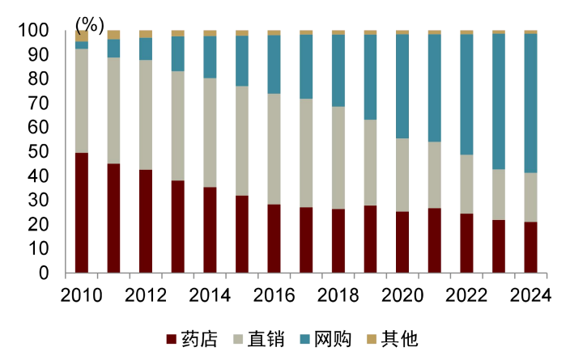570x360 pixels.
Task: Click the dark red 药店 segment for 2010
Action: pos(82,213)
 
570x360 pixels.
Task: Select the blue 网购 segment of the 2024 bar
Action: pos(530,103)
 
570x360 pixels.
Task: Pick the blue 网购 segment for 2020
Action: pos(402,86)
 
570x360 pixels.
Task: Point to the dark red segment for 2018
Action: pos(338,241)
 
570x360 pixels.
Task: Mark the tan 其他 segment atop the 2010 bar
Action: pos(82,36)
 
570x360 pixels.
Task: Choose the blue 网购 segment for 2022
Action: pos(466,94)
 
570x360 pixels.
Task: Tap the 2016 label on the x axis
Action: pos(274,295)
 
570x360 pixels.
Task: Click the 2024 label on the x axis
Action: pos(530,295)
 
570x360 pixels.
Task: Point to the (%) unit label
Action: pos(89,23)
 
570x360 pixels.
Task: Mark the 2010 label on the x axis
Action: pos(82,295)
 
